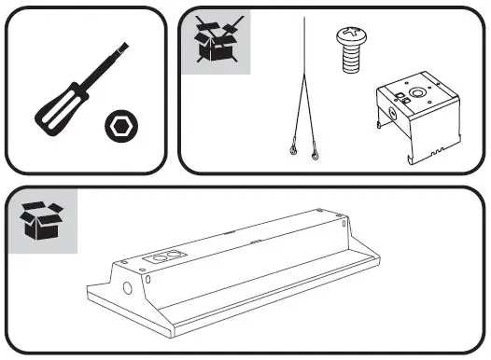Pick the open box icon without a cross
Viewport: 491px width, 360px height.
pyautogui.click(x=42, y=223)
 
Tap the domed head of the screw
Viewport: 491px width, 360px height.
pyautogui.click(x=348, y=40)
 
